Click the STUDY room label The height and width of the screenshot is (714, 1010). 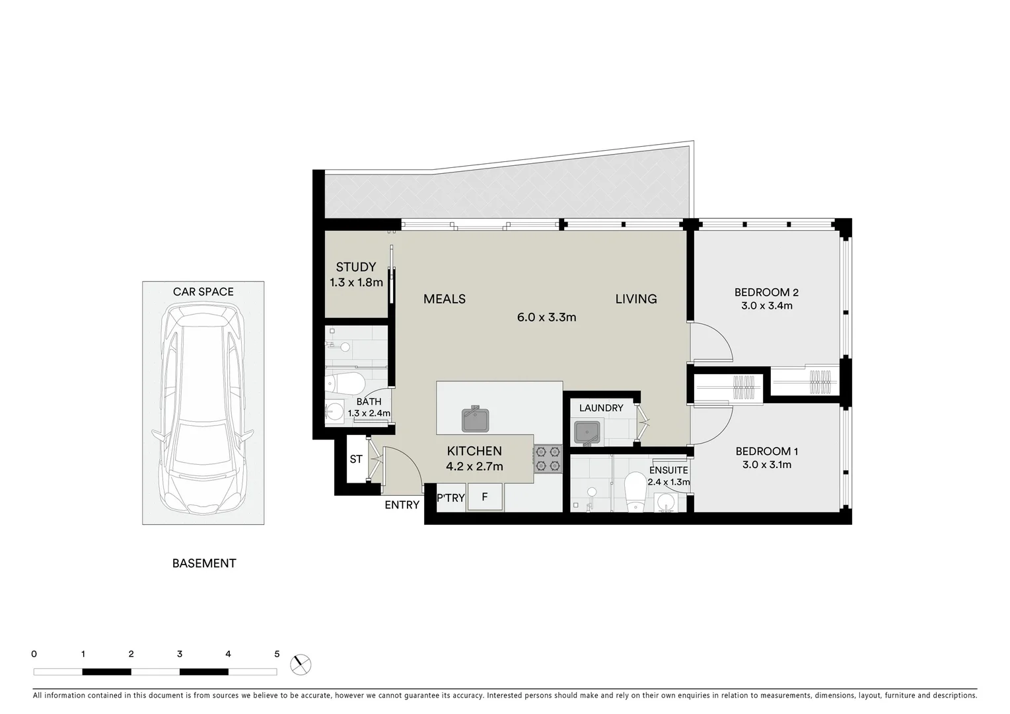[355, 267]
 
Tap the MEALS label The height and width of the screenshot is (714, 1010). [445, 299]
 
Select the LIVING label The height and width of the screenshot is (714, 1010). [636, 299]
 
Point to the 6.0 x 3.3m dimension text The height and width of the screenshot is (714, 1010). [546, 317]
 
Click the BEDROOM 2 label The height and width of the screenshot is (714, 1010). [766, 292]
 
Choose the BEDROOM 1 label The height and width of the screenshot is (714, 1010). [766, 452]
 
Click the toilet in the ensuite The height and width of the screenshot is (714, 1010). [636, 491]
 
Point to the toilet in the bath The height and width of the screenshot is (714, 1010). [347, 383]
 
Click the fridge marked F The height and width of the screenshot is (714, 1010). [485, 497]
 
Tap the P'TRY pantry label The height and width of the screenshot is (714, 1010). [451, 498]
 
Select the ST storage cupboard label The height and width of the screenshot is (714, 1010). [356, 459]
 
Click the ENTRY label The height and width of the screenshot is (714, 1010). [402, 505]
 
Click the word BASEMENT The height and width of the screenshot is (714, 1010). [204, 563]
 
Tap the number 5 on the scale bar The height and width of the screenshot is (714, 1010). [277, 654]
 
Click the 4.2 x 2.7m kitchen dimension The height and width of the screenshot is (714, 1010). [474, 467]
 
